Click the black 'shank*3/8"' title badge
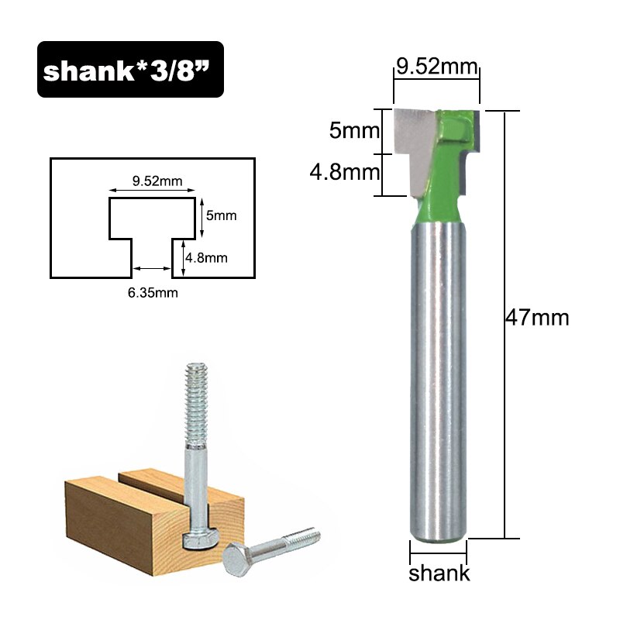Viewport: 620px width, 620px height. [130, 70]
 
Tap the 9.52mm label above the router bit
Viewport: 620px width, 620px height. [436, 67]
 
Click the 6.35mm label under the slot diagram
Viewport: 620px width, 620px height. [151, 292]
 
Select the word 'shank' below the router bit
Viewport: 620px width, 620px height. [439, 574]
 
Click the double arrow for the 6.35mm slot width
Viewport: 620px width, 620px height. [151, 269]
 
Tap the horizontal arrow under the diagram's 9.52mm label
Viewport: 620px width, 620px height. [151, 191]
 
